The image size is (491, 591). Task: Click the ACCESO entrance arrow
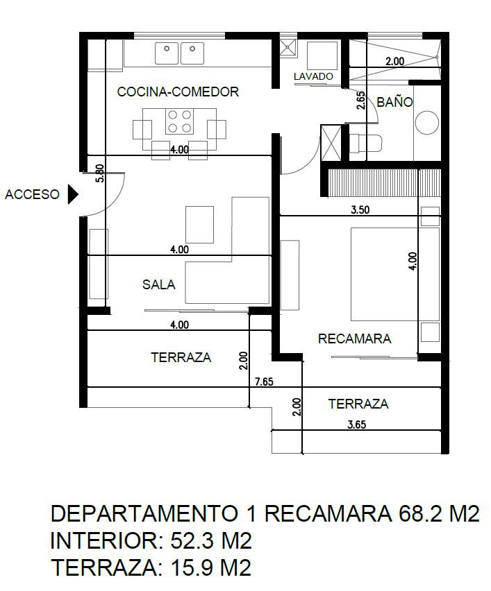coord(72,194)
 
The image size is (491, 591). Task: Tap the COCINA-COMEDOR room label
coord(178,92)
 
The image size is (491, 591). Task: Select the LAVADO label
coord(313,76)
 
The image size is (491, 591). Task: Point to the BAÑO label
coord(394,102)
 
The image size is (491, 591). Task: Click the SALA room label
coord(159,284)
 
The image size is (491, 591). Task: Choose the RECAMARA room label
coord(354,339)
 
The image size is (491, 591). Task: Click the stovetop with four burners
coord(179,121)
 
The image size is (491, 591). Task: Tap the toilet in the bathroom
coord(365,143)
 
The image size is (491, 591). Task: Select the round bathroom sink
coord(427,123)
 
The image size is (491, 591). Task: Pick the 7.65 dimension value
coord(264,382)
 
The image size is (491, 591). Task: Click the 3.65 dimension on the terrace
coord(357,425)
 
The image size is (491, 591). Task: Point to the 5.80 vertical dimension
coord(100,173)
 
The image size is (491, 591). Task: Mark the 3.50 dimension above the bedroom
coord(360,210)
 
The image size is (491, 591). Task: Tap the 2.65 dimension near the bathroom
coord(361,101)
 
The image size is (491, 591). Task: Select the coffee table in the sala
coord(199,225)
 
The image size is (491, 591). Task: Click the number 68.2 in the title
coord(421,513)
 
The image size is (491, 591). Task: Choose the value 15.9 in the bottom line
coord(193,567)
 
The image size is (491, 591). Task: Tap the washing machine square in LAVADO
coord(322,55)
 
